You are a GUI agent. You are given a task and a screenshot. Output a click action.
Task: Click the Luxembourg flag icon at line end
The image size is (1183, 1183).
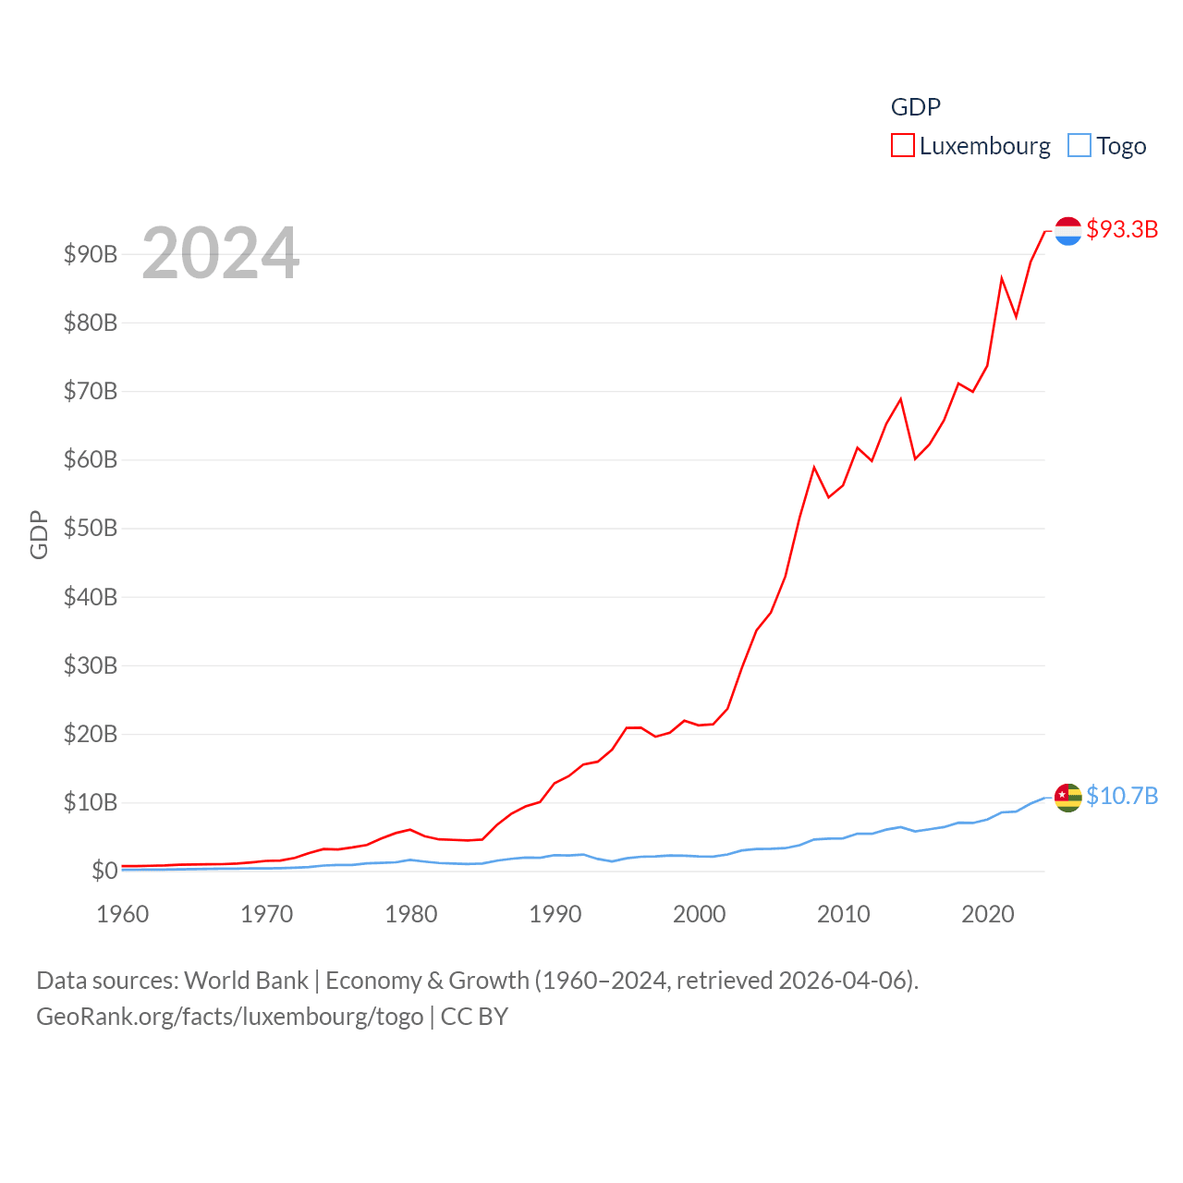1067,231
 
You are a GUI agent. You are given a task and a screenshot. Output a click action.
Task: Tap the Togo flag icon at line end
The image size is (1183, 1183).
1067,797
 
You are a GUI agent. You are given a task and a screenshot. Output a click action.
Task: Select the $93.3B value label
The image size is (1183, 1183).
1122,229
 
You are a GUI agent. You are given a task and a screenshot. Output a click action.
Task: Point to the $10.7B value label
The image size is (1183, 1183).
1122,796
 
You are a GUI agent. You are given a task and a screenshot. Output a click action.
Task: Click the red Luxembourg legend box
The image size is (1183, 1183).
902,146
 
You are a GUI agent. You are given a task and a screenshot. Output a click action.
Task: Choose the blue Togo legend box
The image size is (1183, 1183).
1079,146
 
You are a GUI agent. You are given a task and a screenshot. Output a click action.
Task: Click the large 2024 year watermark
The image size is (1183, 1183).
220,253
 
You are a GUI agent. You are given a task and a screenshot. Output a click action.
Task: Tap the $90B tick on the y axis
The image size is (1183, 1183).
91,254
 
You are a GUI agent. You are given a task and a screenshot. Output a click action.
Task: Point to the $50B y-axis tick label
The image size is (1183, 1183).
91,529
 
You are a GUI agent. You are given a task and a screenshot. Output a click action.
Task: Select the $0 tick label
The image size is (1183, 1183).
104,871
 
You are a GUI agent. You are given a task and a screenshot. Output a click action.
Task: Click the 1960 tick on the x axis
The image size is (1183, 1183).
123,914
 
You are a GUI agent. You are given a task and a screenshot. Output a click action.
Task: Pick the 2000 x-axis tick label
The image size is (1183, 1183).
700,914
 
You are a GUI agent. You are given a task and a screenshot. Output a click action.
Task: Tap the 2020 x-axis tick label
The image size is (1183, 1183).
988,914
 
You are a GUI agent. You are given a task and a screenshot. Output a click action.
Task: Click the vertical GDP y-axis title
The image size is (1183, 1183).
39,534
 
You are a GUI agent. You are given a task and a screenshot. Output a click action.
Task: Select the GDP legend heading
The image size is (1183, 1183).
915,107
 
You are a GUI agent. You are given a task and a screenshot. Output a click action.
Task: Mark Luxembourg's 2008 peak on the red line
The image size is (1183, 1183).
814,468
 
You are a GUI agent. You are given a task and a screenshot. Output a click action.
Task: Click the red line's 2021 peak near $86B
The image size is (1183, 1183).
1002,278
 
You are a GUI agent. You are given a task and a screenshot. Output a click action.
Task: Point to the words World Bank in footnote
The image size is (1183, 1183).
247,980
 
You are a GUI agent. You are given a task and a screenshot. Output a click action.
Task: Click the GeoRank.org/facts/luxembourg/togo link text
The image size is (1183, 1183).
230,1017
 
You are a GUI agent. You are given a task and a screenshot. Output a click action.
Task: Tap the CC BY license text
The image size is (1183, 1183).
474,1017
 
